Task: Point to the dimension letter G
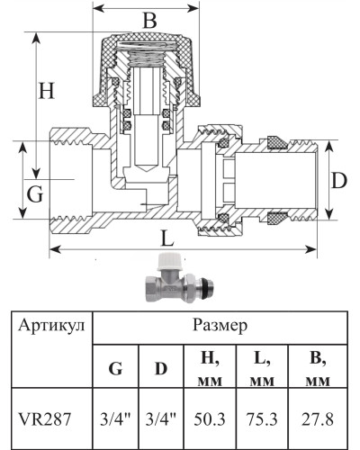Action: click(35, 193)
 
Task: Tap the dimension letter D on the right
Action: click(338, 180)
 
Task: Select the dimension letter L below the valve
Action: click(167, 239)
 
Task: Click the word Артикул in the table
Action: click(51, 326)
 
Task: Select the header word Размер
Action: click(220, 324)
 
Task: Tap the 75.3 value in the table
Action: click(261, 418)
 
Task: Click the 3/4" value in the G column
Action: click(116, 418)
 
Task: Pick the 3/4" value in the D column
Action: click(161, 418)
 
